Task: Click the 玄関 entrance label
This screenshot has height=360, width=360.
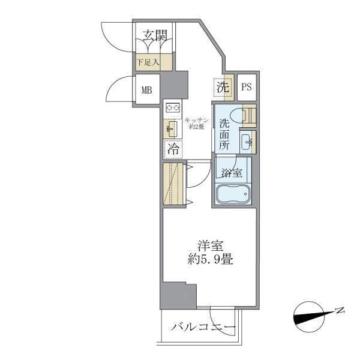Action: (x=155, y=36)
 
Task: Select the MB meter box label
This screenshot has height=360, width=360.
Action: (x=146, y=91)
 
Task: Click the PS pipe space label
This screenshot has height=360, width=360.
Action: (x=246, y=87)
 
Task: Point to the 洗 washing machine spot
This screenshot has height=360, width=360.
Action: (x=223, y=86)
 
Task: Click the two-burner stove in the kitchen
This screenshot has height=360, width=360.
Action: (x=173, y=108)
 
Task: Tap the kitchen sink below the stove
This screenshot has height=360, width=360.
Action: (x=172, y=128)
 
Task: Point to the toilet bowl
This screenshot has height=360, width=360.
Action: (x=246, y=115)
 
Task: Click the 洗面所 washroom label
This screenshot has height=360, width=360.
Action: (x=224, y=134)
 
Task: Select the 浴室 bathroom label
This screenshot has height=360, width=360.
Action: (x=230, y=173)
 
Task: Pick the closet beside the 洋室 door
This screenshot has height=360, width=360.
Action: (x=173, y=184)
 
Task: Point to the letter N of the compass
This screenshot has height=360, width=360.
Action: (x=340, y=310)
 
